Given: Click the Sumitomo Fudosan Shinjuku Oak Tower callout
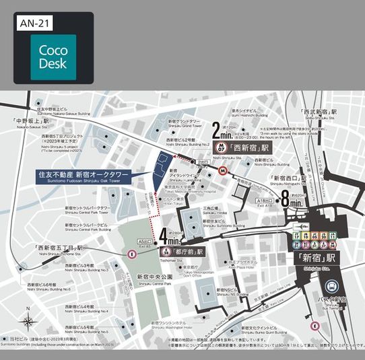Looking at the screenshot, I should coord(84,176).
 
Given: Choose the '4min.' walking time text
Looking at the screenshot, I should coord(171,238).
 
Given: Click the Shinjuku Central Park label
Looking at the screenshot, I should coord(154,278).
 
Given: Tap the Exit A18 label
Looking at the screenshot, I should coord(264,201).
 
